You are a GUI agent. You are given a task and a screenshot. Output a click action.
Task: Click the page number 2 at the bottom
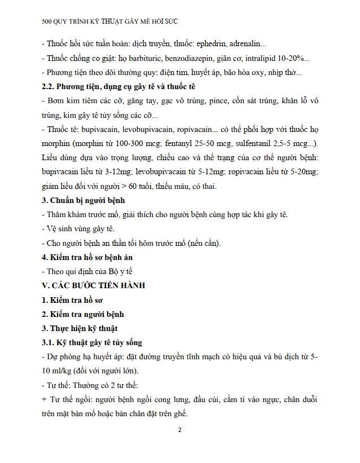(x=179, y=431)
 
